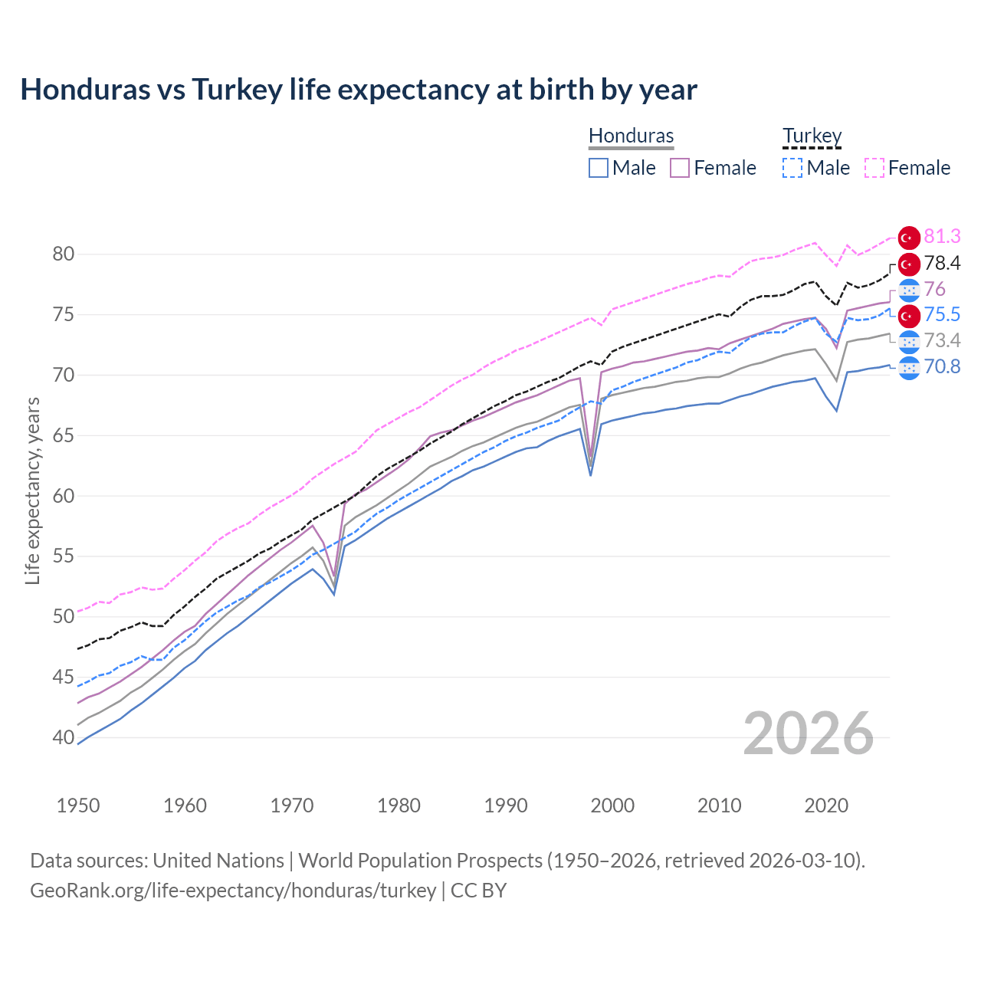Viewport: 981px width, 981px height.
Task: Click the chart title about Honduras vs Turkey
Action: pos(359,90)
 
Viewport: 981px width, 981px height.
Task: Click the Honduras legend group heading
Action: pos(631,136)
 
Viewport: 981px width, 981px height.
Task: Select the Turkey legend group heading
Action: pos(812,136)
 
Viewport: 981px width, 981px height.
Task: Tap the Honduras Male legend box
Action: pos(599,168)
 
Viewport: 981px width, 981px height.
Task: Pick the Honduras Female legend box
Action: pos(680,168)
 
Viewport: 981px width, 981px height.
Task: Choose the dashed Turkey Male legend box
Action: pos(792,168)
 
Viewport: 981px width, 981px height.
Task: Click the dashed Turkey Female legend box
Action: pos(874,168)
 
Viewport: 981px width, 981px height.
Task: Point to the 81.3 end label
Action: pos(942,237)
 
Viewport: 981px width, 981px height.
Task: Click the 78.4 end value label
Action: pos(942,263)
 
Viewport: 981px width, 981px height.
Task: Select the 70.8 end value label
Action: pos(942,366)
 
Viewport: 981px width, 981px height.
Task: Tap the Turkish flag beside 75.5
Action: pos(909,315)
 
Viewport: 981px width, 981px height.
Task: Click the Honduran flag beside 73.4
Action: pos(909,341)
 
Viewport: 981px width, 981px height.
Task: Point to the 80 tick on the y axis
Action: pos(64,254)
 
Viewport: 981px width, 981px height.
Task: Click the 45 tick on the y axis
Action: pos(64,677)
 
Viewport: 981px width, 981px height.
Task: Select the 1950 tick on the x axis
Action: pos(78,805)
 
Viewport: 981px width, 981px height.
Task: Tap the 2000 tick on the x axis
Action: pos(612,805)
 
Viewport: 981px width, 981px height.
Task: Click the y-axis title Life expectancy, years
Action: pos(33,490)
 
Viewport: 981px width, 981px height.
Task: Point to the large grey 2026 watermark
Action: pos(809,734)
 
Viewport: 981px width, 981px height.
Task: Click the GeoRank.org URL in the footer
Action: pos(233,891)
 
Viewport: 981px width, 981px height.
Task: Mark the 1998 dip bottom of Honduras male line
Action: pos(590,475)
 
